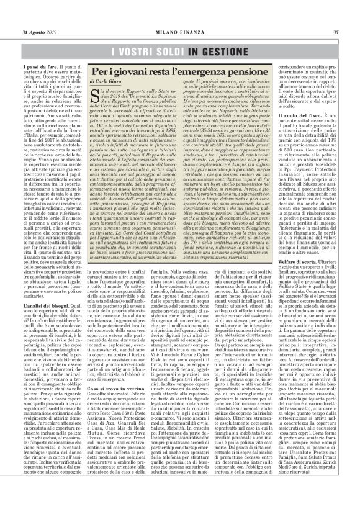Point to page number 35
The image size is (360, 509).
click(x=335, y=32)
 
